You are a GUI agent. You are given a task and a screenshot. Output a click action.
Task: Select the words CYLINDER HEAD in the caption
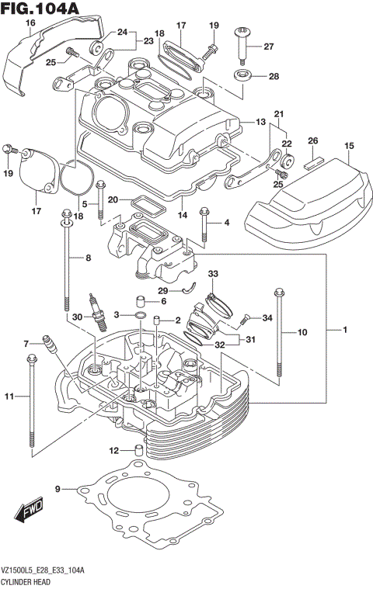point(26,581)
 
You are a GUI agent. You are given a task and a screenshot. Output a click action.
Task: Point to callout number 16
point(30,23)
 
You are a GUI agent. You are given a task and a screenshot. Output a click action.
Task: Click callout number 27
point(269,47)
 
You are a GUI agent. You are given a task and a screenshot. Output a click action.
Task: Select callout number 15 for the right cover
point(349,146)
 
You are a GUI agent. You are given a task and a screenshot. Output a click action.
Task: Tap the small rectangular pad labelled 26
point(313,164)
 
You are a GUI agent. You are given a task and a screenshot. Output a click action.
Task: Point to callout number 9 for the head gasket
point(58,489)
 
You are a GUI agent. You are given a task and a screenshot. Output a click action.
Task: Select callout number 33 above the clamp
point(214,273)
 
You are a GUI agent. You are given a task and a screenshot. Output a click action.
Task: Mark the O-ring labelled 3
point(138,317)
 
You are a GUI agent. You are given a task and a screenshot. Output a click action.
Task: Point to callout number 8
point(88,258)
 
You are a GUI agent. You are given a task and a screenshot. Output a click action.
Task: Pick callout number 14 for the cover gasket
point(183,215)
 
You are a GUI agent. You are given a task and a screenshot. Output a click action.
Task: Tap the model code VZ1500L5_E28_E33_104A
point(42,571)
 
